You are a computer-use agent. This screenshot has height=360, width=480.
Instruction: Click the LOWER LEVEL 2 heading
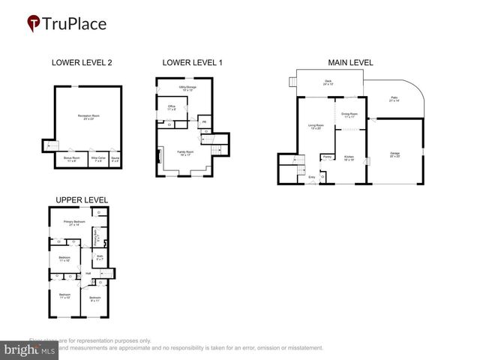(x=81, y=63)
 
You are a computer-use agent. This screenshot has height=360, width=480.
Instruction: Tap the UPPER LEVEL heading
(x=81, y=199)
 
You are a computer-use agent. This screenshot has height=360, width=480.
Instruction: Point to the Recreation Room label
(x=91, y=117)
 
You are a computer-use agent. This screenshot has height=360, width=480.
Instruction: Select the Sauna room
(x=115, y=159)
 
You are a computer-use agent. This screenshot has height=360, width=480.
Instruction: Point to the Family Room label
(x=185, y=154)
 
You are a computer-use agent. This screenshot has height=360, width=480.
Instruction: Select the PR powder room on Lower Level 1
(x=203, y=122)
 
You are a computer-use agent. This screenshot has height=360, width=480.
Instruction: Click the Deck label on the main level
(x=328, y=82)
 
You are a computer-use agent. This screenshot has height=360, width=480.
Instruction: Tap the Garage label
(x=394, y=155)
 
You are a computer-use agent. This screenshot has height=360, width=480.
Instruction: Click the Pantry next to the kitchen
(x=327, y=157)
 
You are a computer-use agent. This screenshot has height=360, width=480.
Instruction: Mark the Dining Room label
(x=350, y=115)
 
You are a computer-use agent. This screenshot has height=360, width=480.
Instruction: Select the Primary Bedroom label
(x=73, y=223)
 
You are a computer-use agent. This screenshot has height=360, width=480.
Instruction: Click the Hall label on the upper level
(x=88, y=273)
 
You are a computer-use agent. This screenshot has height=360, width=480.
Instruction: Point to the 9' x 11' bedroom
(x=94, y=299)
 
